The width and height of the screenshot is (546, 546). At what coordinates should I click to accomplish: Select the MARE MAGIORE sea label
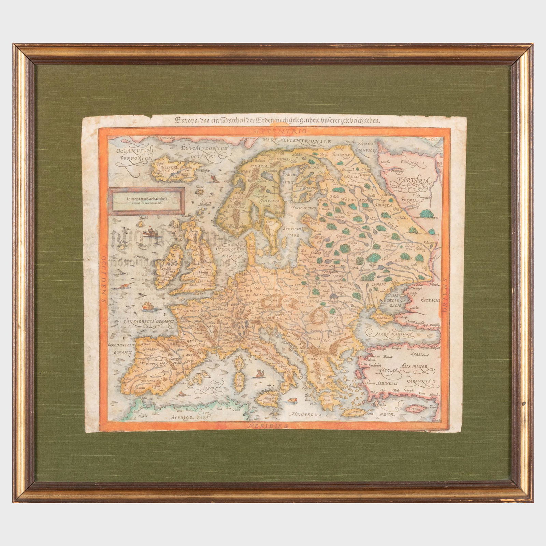point(389,332)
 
